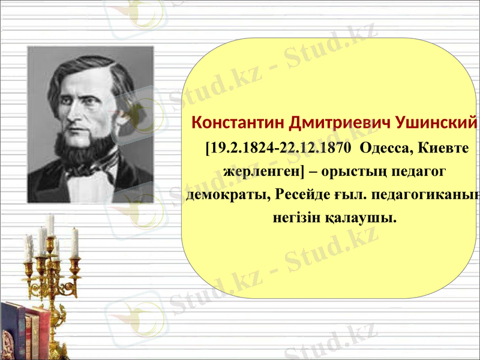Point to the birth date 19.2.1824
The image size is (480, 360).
click(241, 148)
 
